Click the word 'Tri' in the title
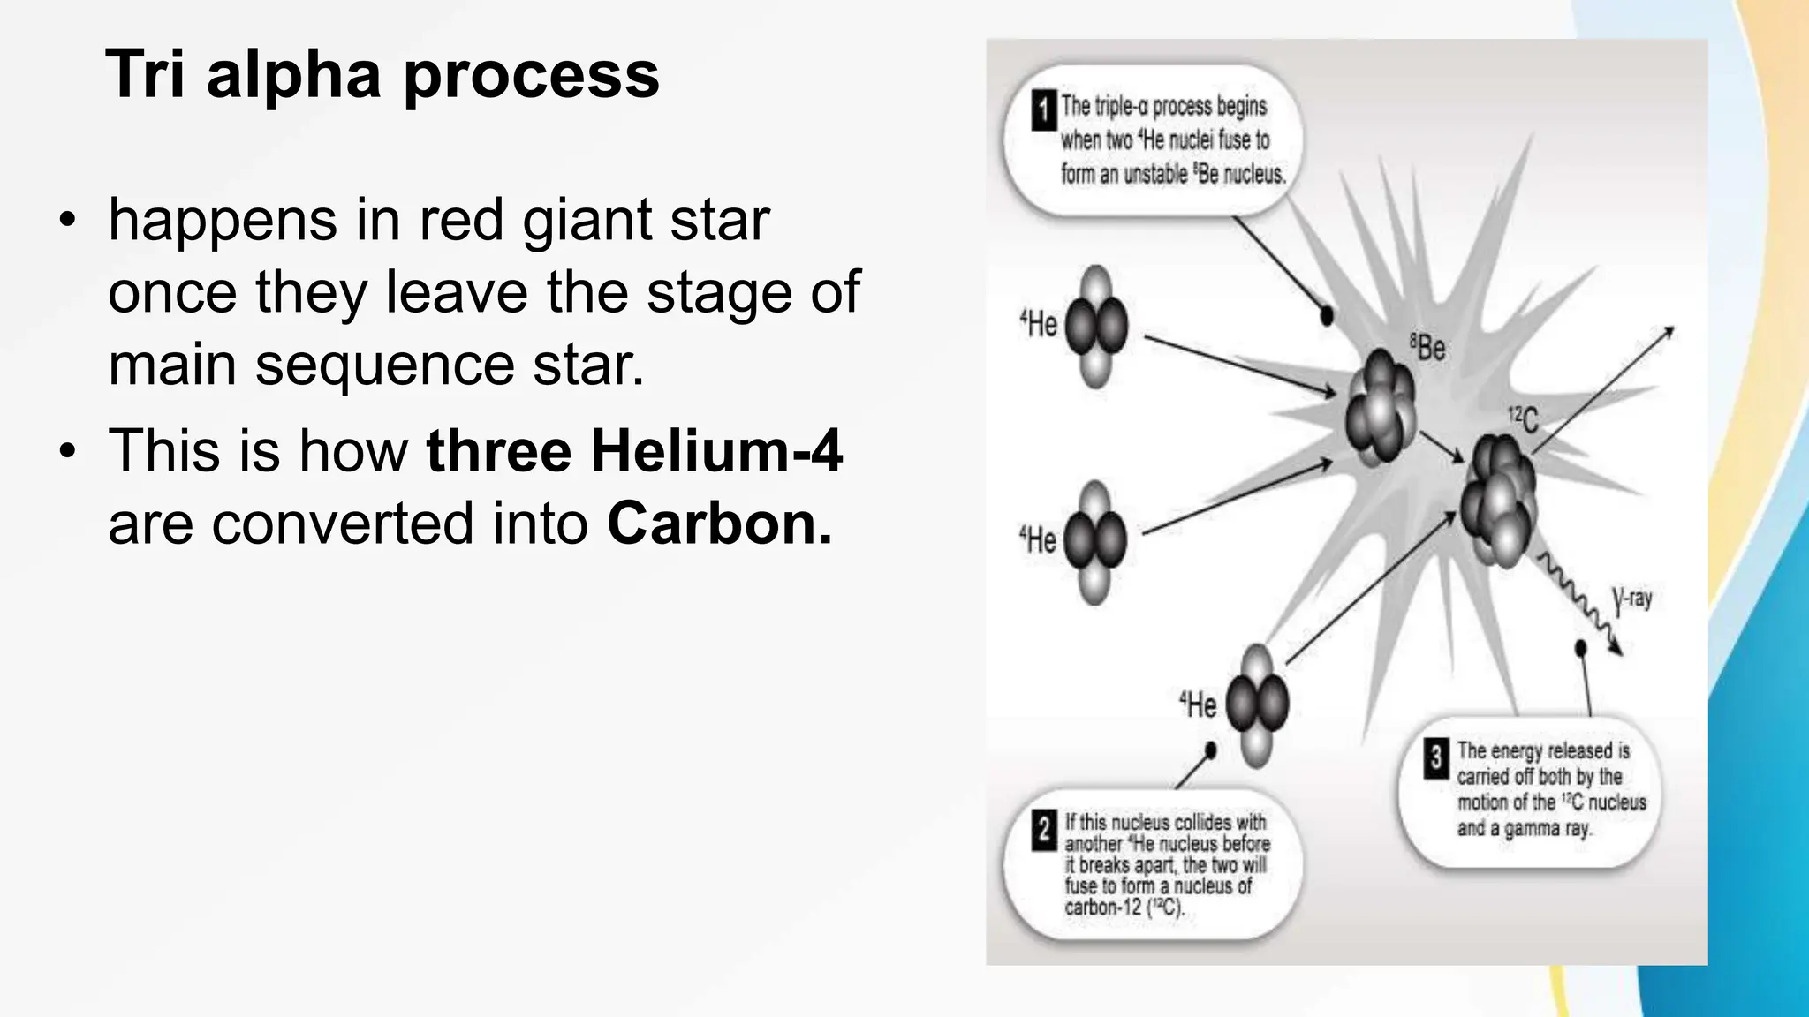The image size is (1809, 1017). [145, 74]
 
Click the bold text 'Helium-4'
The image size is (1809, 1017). [716, 450]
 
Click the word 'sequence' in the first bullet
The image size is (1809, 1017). [385, 364]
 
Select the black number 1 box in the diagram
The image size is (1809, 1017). [1043, 111]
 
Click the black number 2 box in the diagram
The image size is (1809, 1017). [1044, 831]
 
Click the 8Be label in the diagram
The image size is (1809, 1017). [1427, 347]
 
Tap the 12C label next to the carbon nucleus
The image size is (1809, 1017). [1523, 419]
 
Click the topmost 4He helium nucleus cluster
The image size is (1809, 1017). [1096, 327]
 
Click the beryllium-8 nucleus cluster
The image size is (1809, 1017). [1380, 406]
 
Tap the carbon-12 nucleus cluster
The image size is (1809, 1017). [1498, 499]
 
